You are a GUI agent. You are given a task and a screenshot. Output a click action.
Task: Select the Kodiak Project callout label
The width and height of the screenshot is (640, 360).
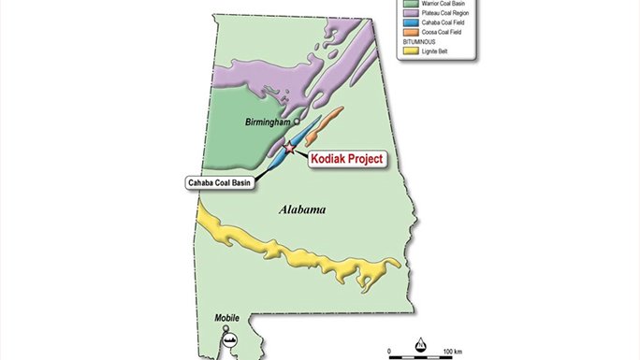pos(347,160)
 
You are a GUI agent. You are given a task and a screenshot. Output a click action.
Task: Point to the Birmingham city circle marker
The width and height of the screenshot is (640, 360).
pos(297,122)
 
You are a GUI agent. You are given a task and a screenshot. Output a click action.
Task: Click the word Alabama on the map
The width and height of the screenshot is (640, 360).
pos(301,210)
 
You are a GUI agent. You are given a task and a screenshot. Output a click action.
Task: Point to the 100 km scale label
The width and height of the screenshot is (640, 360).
pos(452,351)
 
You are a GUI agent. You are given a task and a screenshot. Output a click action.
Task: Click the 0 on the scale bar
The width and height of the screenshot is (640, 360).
pos(389,351)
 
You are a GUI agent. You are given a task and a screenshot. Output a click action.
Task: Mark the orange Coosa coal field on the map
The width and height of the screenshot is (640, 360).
pos(327,126)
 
